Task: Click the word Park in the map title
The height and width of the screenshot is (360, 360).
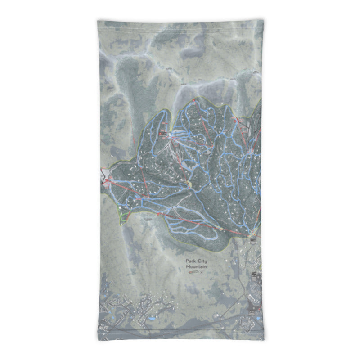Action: pos(191,261)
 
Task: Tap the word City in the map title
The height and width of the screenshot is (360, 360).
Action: pos(202,261)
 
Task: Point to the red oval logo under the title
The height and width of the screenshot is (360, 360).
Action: pos(193,272)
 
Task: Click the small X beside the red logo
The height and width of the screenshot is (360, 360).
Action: pos(202,272)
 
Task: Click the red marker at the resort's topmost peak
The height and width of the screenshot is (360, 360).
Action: pos(193,99)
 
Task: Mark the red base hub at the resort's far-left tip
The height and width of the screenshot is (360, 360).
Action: pos(107,180)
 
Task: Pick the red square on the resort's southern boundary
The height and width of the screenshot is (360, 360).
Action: pos(158,215)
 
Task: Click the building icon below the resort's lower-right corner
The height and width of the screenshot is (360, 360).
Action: pos(253,242)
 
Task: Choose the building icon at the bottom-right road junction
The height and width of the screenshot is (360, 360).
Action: pos(253,274)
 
